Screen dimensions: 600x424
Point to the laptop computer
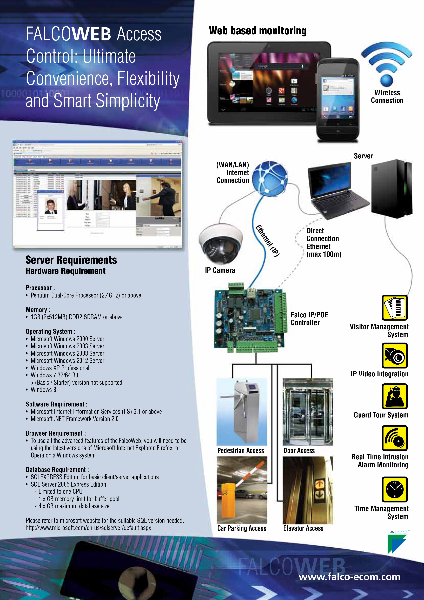point(337,191)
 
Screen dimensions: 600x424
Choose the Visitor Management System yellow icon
point(394,308)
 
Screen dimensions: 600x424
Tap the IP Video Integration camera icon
point(394,355)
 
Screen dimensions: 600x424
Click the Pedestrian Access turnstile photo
point(242,412)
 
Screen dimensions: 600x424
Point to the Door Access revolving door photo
point(308,412)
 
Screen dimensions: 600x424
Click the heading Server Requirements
point(71,260)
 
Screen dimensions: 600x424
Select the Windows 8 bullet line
point(43,390)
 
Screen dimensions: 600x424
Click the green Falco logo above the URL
point(397,544)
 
